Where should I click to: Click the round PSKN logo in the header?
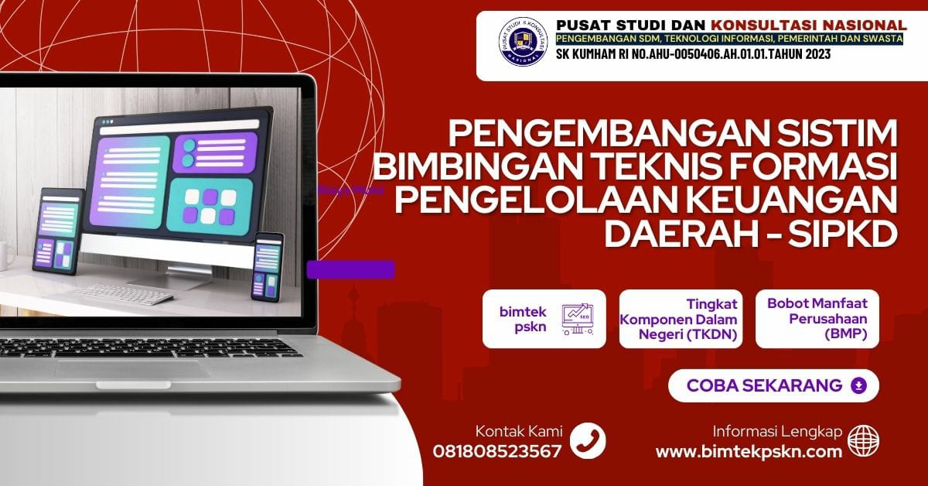click(x=522, y=46)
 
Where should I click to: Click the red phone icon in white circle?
click(x=588, y=441)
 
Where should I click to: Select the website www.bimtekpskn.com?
click(x=749, y=452)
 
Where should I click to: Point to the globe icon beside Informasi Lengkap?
click(x=863, y=440)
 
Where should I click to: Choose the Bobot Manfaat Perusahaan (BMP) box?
click(x=817, y=319)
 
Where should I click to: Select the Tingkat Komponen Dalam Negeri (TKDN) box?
click(x=681, y=319)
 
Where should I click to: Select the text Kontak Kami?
click(x=519, y=432)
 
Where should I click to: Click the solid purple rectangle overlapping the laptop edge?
click(x=350, y=269)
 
